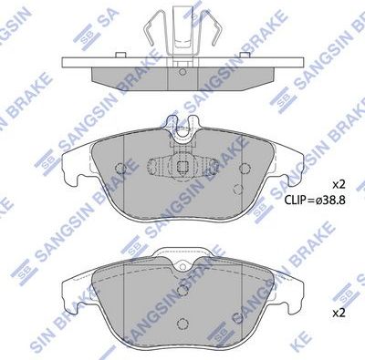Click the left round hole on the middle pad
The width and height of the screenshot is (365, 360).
pyautogui.click(x=123, y=166)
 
